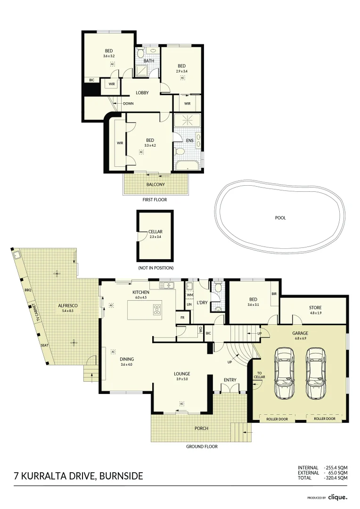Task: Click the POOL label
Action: tap(281, 218)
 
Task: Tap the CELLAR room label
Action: tap(155, 232)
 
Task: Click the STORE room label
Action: tap(315, 308)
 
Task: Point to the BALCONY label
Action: tap(155, 185)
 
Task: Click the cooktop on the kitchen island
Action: tap(157, 310)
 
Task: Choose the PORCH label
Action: tap(201, 428)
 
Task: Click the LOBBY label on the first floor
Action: tap(142, 93)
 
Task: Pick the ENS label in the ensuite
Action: tap(190, 140)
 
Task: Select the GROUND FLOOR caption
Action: tap(202, 447)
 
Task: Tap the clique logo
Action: tap(337, 497)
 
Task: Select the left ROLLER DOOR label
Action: tap(277, 418)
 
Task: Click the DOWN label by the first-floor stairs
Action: tap(128, 104)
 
